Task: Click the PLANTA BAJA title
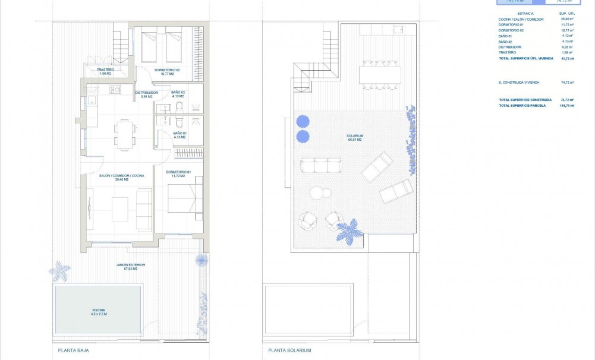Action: [x=73, y=351]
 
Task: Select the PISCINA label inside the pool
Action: [x=99, y=311]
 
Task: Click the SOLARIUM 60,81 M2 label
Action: [x=355, y=137]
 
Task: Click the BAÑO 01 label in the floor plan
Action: [x=180, y=135]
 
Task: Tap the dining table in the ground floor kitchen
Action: [x=124, y=134]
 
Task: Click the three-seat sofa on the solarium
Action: [x=321, y=165]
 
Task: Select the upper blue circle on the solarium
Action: [x=303, y=121]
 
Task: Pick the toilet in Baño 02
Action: [x=180, y=107]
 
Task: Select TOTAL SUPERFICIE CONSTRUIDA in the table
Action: [x=525, y=100]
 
